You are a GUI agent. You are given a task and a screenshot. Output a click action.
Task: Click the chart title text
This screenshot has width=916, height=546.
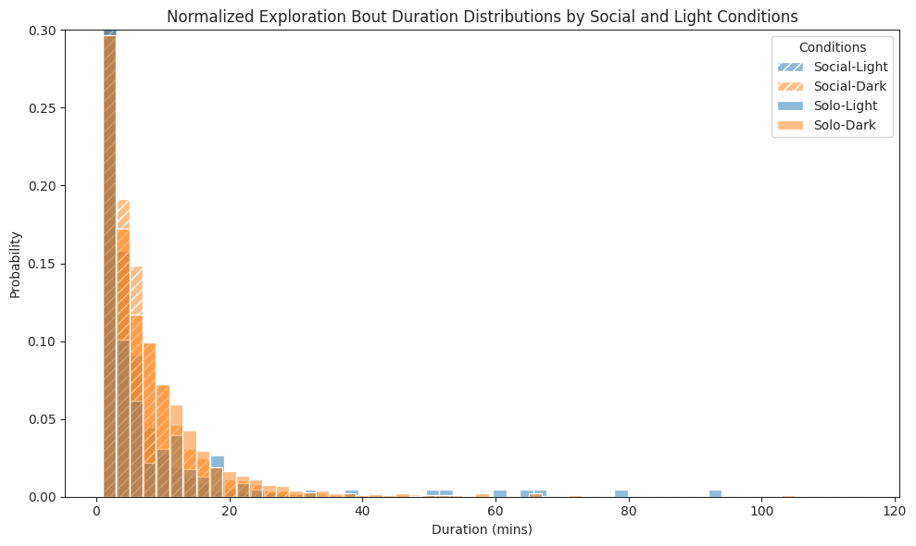[482, 16]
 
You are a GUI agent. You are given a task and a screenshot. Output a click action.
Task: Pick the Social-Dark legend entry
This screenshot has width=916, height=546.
[850, 86]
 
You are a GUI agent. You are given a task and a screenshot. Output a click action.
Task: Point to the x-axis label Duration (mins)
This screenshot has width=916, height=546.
[482, 530]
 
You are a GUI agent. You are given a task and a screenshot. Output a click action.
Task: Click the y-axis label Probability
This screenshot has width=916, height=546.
[15, 264]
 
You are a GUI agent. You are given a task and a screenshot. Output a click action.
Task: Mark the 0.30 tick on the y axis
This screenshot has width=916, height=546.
[42, 31]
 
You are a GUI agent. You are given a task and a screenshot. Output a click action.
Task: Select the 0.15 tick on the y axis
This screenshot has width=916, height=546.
[42, 264]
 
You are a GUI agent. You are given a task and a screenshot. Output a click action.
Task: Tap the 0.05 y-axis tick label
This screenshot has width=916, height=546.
[42, 419]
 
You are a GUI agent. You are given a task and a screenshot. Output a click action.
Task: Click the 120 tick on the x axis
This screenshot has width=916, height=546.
[896, 511]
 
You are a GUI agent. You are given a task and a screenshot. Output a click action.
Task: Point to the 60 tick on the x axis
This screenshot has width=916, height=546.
[496, 511]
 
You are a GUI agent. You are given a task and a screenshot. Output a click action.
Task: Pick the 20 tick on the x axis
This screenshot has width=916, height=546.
[230, 511]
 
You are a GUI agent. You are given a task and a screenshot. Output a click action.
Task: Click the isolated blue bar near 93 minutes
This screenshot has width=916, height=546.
[715, 493]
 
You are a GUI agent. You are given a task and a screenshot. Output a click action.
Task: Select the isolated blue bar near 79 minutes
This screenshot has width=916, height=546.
[621, 493]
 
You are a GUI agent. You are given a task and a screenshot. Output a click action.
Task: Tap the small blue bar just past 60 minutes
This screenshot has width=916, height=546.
[500, 493]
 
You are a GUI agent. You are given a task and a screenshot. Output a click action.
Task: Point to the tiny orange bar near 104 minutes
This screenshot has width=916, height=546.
[788, 496]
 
